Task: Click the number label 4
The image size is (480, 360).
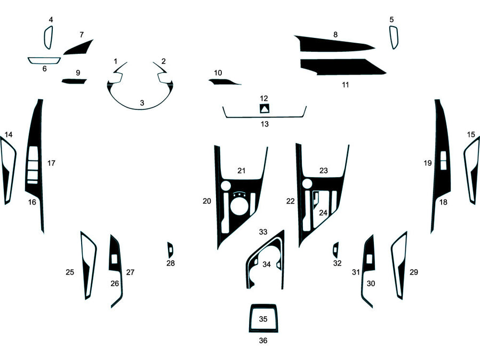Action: [x=51, y=20]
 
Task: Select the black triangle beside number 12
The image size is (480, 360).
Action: [x=264, y=109]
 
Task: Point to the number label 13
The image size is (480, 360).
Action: [x=265, y=124]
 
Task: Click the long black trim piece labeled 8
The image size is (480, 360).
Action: [x=333, y=44]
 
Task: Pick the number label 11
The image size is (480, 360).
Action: [x=345, y=84]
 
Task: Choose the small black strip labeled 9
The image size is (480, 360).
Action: [x=74, y=82]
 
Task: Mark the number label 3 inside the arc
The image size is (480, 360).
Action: [x=142, y=102]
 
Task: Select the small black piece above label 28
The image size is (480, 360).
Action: [x=170, y=249]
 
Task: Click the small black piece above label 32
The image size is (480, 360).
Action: [x=335, y=249]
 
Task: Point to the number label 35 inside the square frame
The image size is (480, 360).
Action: [x=263, y=319]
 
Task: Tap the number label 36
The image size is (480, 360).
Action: [x=263, y=340]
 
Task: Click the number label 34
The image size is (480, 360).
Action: [x=266, y=264]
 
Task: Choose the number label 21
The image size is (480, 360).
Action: [x=241, y=171]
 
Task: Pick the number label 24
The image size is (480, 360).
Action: [x=323, y=212]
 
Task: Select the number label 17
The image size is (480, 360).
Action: [x=51, y=163]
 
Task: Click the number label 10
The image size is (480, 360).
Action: [x=218, y=73]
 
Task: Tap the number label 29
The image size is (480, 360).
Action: [x=414, y=272]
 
